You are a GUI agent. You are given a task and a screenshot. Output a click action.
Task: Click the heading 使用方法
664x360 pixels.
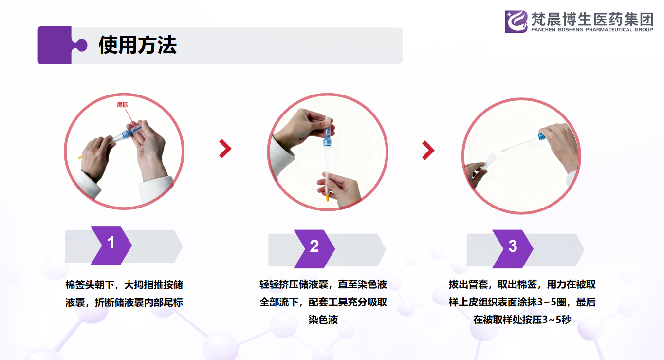click(x=137, y=45)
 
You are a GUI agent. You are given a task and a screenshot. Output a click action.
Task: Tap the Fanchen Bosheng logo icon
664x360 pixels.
click(x=516, y=21)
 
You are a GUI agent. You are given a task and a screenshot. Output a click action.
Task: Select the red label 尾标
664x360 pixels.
click(x=122, y=104)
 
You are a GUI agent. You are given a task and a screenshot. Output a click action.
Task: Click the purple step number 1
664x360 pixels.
click(x=111, y=243)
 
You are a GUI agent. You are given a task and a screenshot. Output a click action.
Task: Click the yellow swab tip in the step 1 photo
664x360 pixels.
click(x=80, y=157)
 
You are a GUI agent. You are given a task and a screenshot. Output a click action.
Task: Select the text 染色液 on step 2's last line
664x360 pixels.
click(x=323, y=320)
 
